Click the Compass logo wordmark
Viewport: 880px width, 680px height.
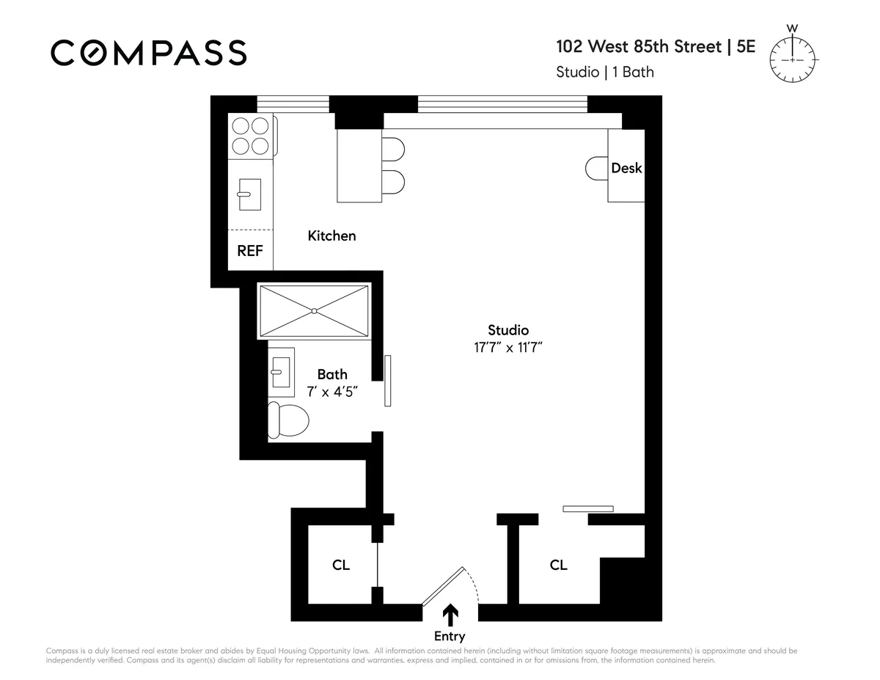click(x=148, y=53)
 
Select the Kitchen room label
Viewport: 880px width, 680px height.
click(x=331, y=235)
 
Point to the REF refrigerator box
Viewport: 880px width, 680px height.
click(x=250, y=250)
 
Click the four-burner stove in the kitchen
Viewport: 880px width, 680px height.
click(x=250, y=136)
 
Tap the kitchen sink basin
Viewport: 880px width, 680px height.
click(x=245, y=194)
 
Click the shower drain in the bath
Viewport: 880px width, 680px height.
click(x=314, y=311)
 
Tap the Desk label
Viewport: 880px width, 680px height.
click(x=626, y=168)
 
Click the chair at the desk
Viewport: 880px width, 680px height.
click(x=595, y=168)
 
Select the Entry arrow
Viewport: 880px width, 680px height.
click(x=450, y=614)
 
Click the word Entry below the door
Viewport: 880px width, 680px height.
click(x=450, y=636)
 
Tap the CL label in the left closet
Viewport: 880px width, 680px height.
click(x=341, y=565)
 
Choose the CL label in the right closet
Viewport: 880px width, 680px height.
click(x=558, y=565)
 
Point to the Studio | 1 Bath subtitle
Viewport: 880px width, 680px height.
click(x=605, y=72)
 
